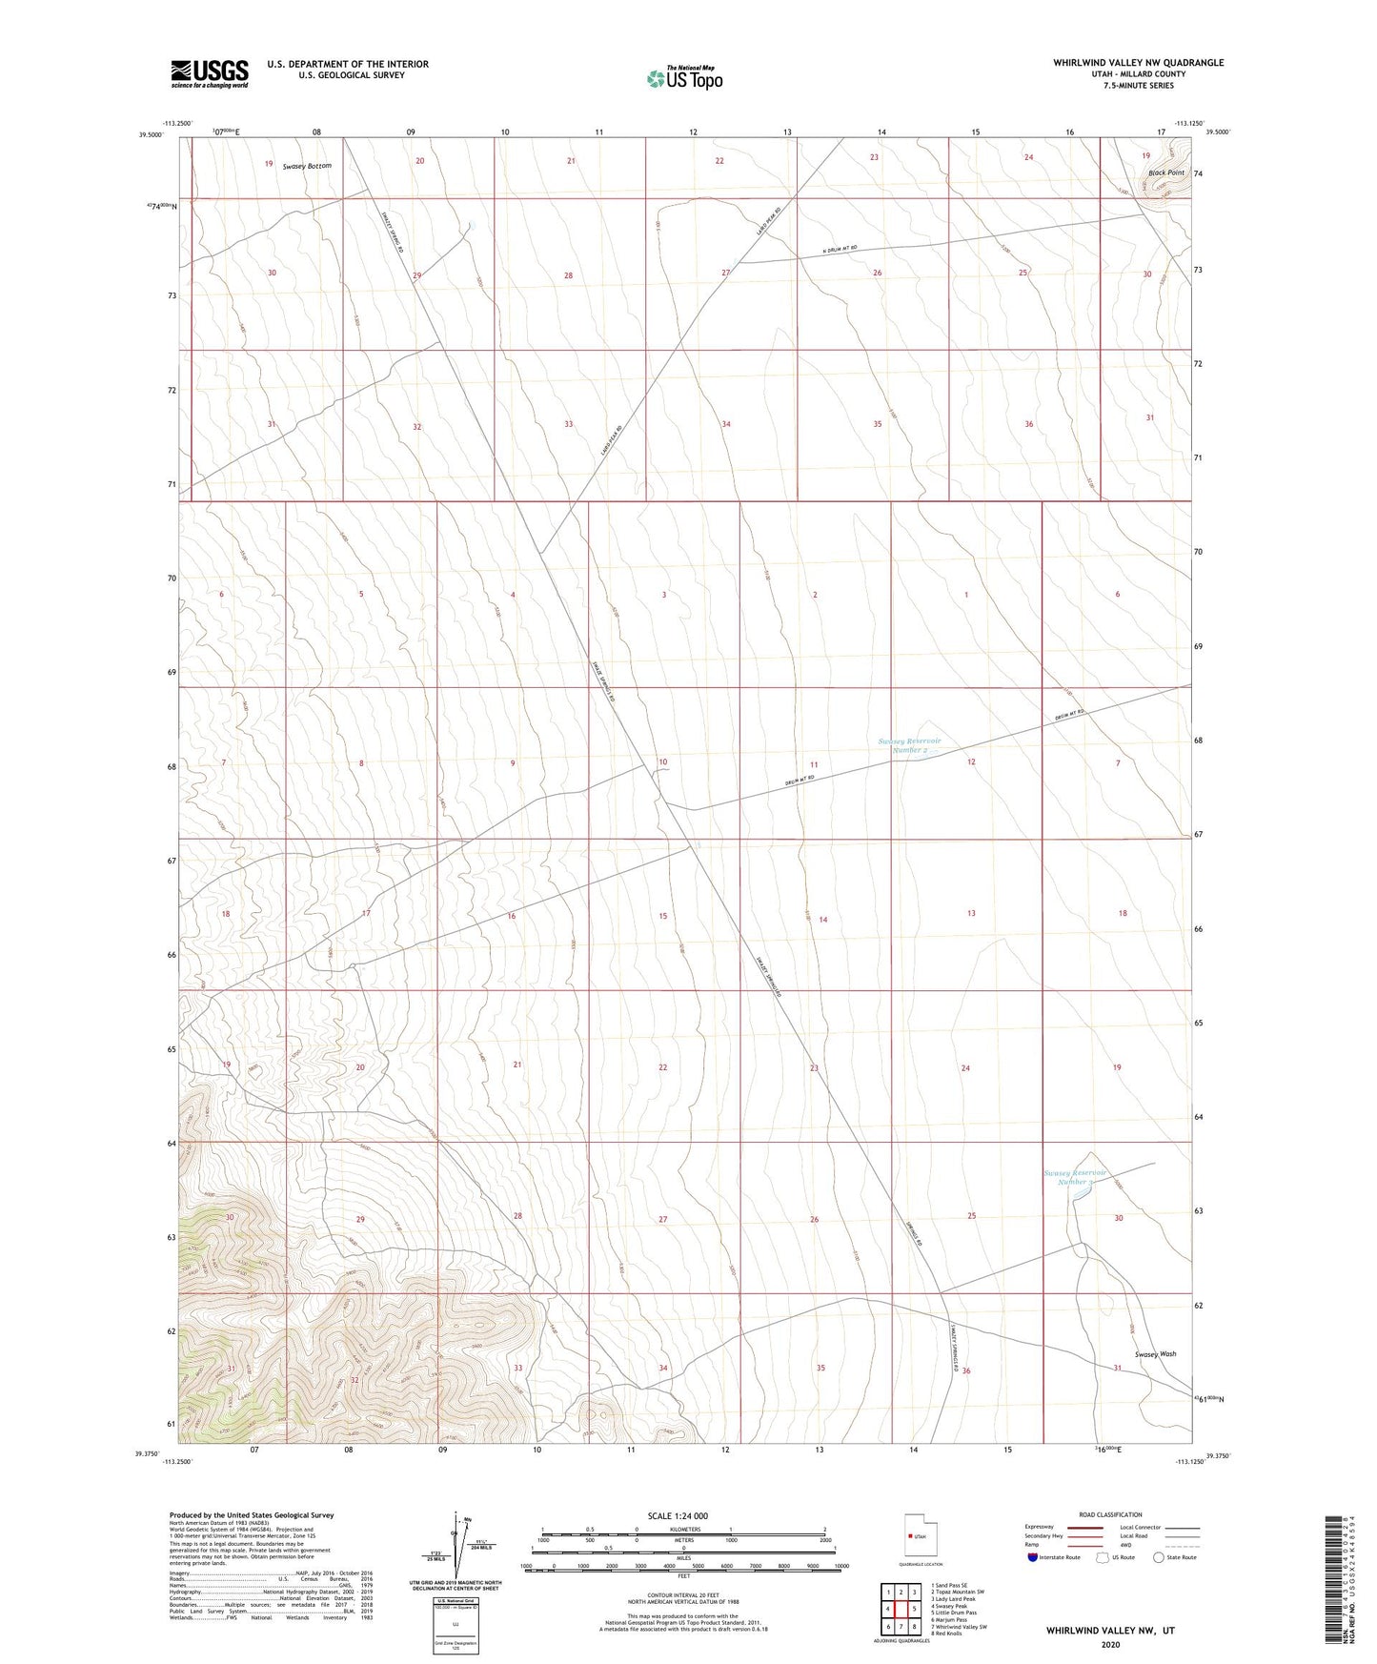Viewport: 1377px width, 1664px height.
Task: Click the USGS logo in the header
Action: [x=210, y=73]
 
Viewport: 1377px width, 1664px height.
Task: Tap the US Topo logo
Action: [x=683, y=78]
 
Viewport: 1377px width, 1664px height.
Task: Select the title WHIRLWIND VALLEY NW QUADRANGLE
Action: [x=1138, y=63]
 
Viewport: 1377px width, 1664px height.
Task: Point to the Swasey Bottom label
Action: [x=307, y=166]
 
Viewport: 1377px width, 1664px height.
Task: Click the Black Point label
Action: [x=1165, y=172]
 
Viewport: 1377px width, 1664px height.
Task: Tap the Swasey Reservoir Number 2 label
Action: [x=909, y=745]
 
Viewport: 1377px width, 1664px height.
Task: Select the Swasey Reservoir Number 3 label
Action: [x=1075, y=1177]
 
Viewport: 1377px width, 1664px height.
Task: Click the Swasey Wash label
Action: [x=1155, y=1353]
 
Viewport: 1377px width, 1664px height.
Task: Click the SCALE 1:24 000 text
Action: [x=678, y=1515]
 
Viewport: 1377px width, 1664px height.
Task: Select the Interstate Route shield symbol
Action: [x=1033, y=1557]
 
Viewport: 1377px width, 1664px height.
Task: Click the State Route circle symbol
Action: [x=1159, y=1557]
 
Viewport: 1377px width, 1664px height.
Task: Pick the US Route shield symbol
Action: [x=1104, y=1557]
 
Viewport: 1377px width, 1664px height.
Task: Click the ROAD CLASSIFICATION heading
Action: [x=1110, y=1514]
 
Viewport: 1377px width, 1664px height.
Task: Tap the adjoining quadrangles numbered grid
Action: [x=901, y=1609]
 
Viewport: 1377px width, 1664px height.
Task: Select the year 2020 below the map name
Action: [x=1110, y=1644]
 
